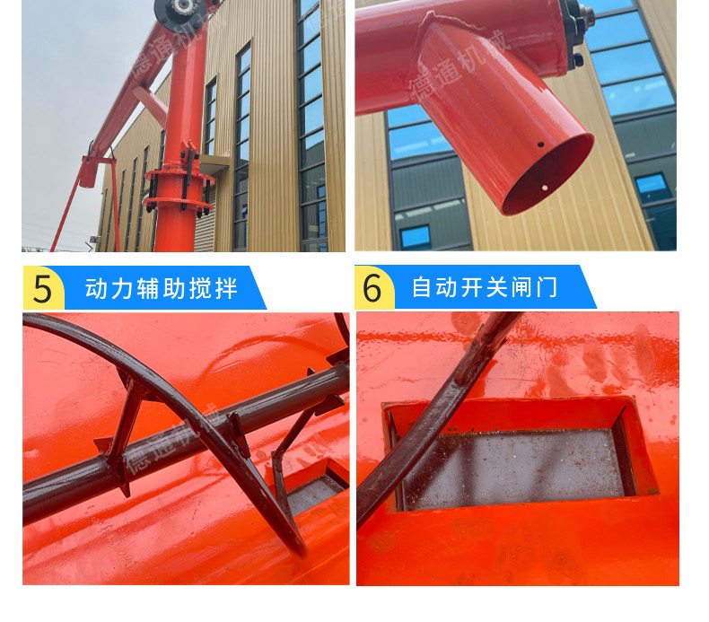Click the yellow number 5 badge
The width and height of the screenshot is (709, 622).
coord(43,288)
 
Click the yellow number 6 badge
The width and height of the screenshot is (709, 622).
coord(373,287)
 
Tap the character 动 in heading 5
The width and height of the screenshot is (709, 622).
coord(96,289)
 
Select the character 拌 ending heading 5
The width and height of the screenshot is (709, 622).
coord(226,289)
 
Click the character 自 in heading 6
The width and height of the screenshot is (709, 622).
coord(423,288)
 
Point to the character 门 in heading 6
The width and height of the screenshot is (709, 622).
coord(547,288)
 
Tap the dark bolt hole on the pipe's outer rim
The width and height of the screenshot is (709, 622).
coord(541,145)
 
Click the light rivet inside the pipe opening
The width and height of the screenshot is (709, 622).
coord(545,187)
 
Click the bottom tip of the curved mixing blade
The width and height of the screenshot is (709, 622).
coord(301,553)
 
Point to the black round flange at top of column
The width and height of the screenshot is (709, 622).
coord(180,13)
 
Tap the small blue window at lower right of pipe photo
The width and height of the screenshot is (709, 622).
coord(652,188)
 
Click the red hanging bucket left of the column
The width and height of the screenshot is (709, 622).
coord(89,171)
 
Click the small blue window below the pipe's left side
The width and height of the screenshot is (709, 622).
coord(416,236)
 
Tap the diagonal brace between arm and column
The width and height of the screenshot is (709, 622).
coord(150,105)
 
